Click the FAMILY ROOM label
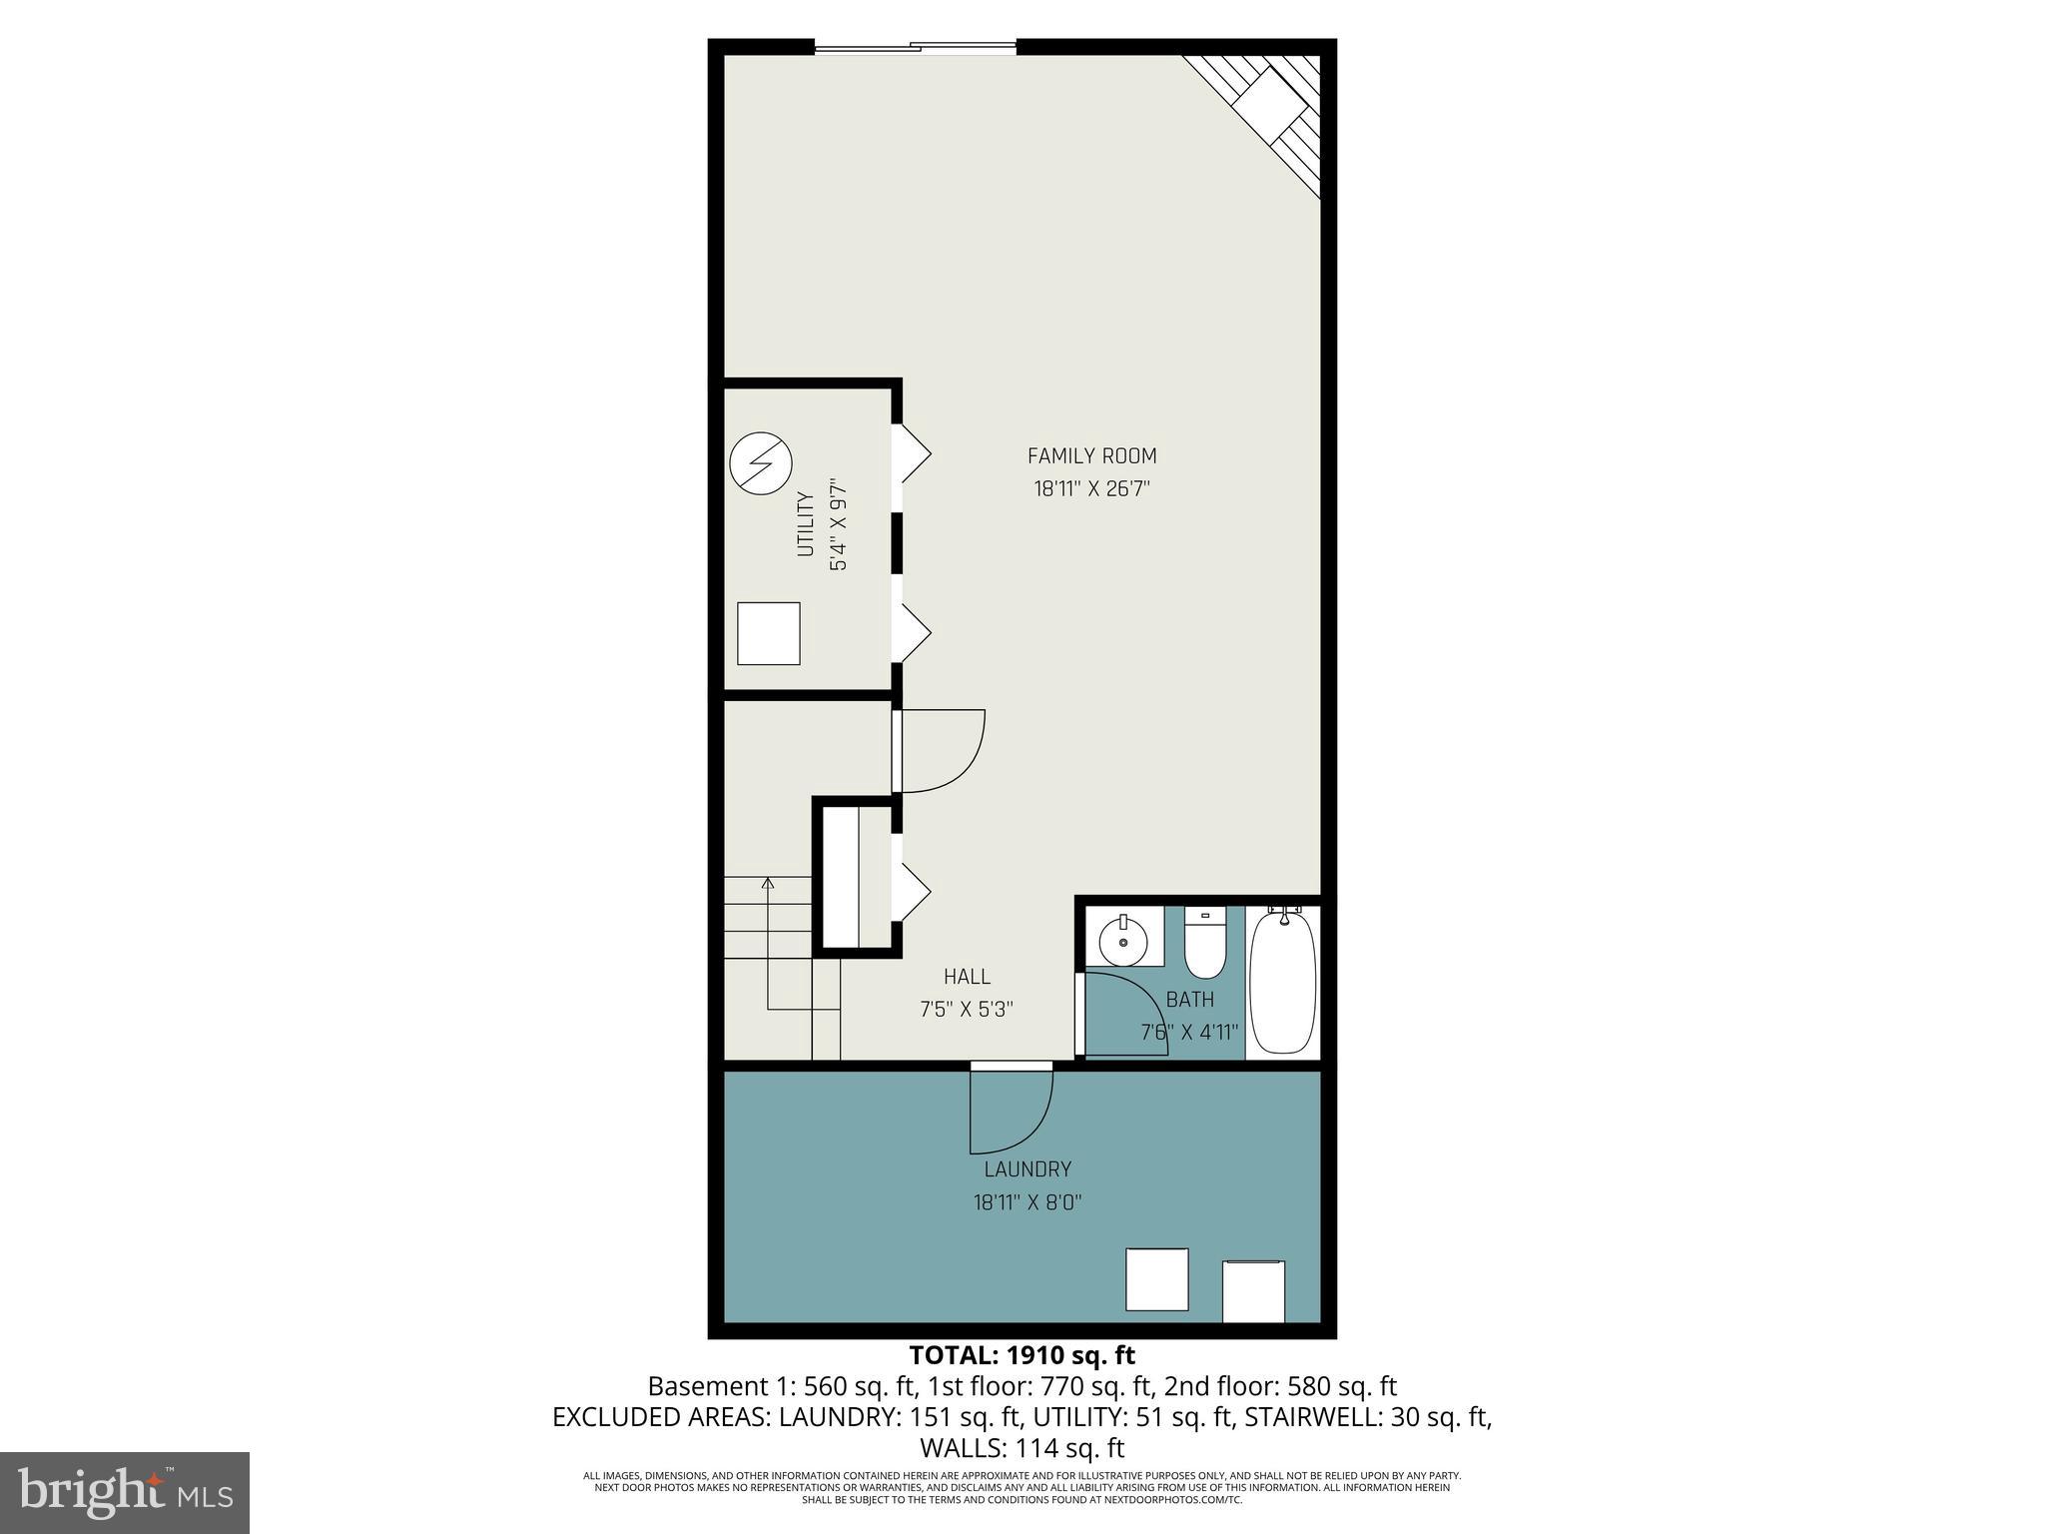(x=1091, y=456)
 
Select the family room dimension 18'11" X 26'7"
(x=1091, y=489)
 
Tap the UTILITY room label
(x=805, y=524)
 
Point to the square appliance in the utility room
(x=768, y=633)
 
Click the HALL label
(x=967, y=977)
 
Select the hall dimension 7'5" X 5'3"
(x=967, y=1010)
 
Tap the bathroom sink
(x=1124, y=940)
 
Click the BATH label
(x=1190, y=1000)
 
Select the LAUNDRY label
(x=1027, y=1169)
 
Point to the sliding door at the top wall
(x=916, y=46)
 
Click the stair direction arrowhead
(x=768, y=883)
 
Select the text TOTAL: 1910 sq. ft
(x=1022, y=1356)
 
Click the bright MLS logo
(x=125, y=1492)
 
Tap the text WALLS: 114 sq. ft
(x=1022, y=1448)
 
